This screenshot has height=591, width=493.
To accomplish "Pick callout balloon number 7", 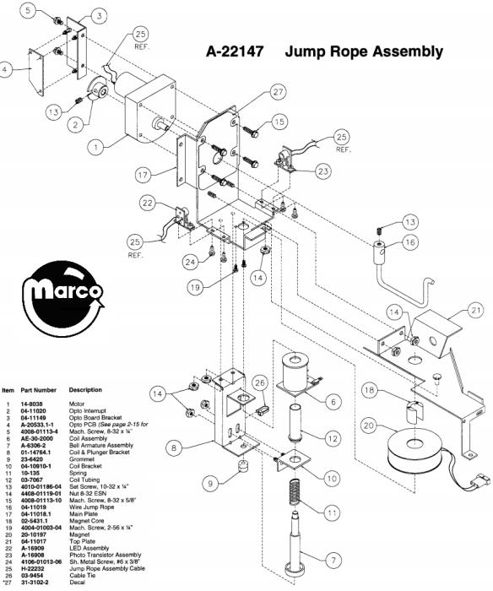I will coord(336,559).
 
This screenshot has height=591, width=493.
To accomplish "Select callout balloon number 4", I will coord(8,70).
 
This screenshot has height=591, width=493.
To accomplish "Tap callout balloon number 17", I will coord(148,176).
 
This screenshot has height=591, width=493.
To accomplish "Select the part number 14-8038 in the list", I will coord(33,404).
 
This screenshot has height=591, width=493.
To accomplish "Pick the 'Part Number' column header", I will coord(38,390).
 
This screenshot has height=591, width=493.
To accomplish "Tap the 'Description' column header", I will coord(85,390).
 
